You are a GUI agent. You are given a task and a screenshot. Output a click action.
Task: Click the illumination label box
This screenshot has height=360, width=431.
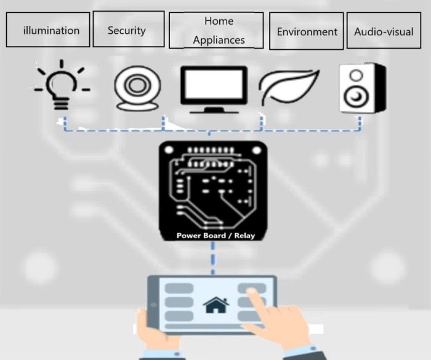click(x=48, y=30)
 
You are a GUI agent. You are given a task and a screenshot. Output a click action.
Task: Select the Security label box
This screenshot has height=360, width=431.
click(x=129, y=29)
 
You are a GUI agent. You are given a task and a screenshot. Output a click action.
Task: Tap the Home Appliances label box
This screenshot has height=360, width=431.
click(x=216, y=30)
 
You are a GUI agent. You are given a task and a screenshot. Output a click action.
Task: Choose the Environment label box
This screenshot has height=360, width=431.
click(x=306, y=31)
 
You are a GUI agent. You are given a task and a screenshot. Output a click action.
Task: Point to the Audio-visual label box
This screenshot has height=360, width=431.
click(x=384, y=30)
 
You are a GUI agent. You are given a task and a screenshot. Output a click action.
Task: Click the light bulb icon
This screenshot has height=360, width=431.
click(x=62, y=85)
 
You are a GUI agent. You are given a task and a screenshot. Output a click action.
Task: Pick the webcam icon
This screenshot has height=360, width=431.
click(x=137, y=88)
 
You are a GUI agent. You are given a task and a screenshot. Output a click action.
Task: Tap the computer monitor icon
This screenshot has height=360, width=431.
click(x=214, y=90)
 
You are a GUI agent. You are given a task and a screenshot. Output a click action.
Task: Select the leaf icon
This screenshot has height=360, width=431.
click(x=289, y=87)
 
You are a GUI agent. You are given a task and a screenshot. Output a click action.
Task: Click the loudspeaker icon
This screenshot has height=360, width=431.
click(x=363, y=88)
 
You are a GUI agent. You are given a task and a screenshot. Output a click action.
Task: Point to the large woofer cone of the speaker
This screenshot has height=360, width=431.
click(x=356, y=97)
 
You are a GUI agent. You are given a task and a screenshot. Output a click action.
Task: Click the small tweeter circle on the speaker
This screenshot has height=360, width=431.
click(x=356, y=75)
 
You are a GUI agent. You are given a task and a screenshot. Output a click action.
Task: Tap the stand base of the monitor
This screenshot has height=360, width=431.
click(x=214, y=111)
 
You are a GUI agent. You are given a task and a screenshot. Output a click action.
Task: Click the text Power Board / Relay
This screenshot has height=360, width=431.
click(x=216, y=236)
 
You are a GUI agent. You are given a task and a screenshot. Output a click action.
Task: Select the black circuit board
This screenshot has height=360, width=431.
click(x=213, y=191)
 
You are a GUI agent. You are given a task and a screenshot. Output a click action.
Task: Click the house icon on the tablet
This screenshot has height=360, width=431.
click(x=216, y=305)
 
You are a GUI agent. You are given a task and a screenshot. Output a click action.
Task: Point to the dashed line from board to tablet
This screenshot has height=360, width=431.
click(x=213, y=258)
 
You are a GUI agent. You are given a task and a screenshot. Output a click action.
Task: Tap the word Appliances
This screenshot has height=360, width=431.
click(x=219, y=40)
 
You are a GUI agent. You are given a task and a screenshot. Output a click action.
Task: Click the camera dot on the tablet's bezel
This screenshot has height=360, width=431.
click(x=153, y=305)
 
